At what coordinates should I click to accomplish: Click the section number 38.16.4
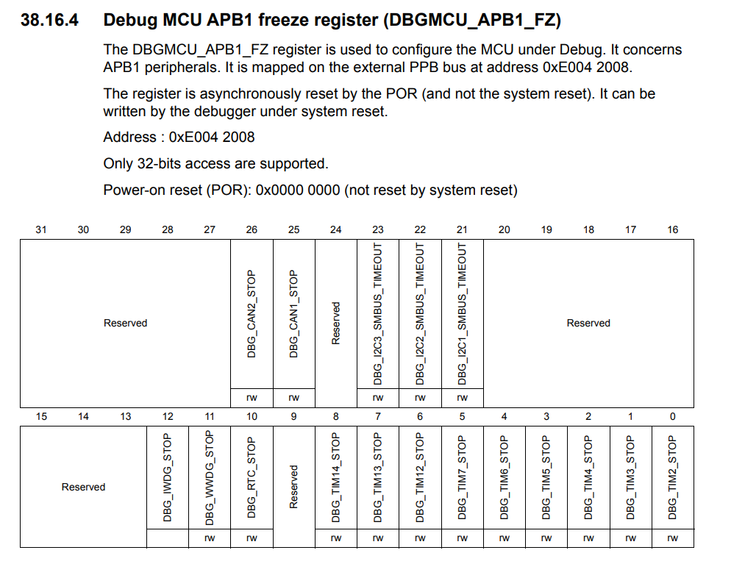pos(49,20)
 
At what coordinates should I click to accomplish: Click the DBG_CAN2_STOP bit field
pos(252,314)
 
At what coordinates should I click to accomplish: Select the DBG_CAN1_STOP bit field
pos(293,314)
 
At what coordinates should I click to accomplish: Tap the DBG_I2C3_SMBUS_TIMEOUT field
pos(378,314)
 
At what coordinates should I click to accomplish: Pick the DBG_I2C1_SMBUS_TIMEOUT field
pos(462,314)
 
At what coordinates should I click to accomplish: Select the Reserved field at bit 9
pos(294,486)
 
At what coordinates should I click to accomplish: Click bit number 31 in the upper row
pos(41,230)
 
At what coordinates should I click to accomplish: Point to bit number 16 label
pos(673,230)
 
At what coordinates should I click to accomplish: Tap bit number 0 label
pos(672,417)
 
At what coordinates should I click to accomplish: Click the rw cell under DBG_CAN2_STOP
pos(252,398)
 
